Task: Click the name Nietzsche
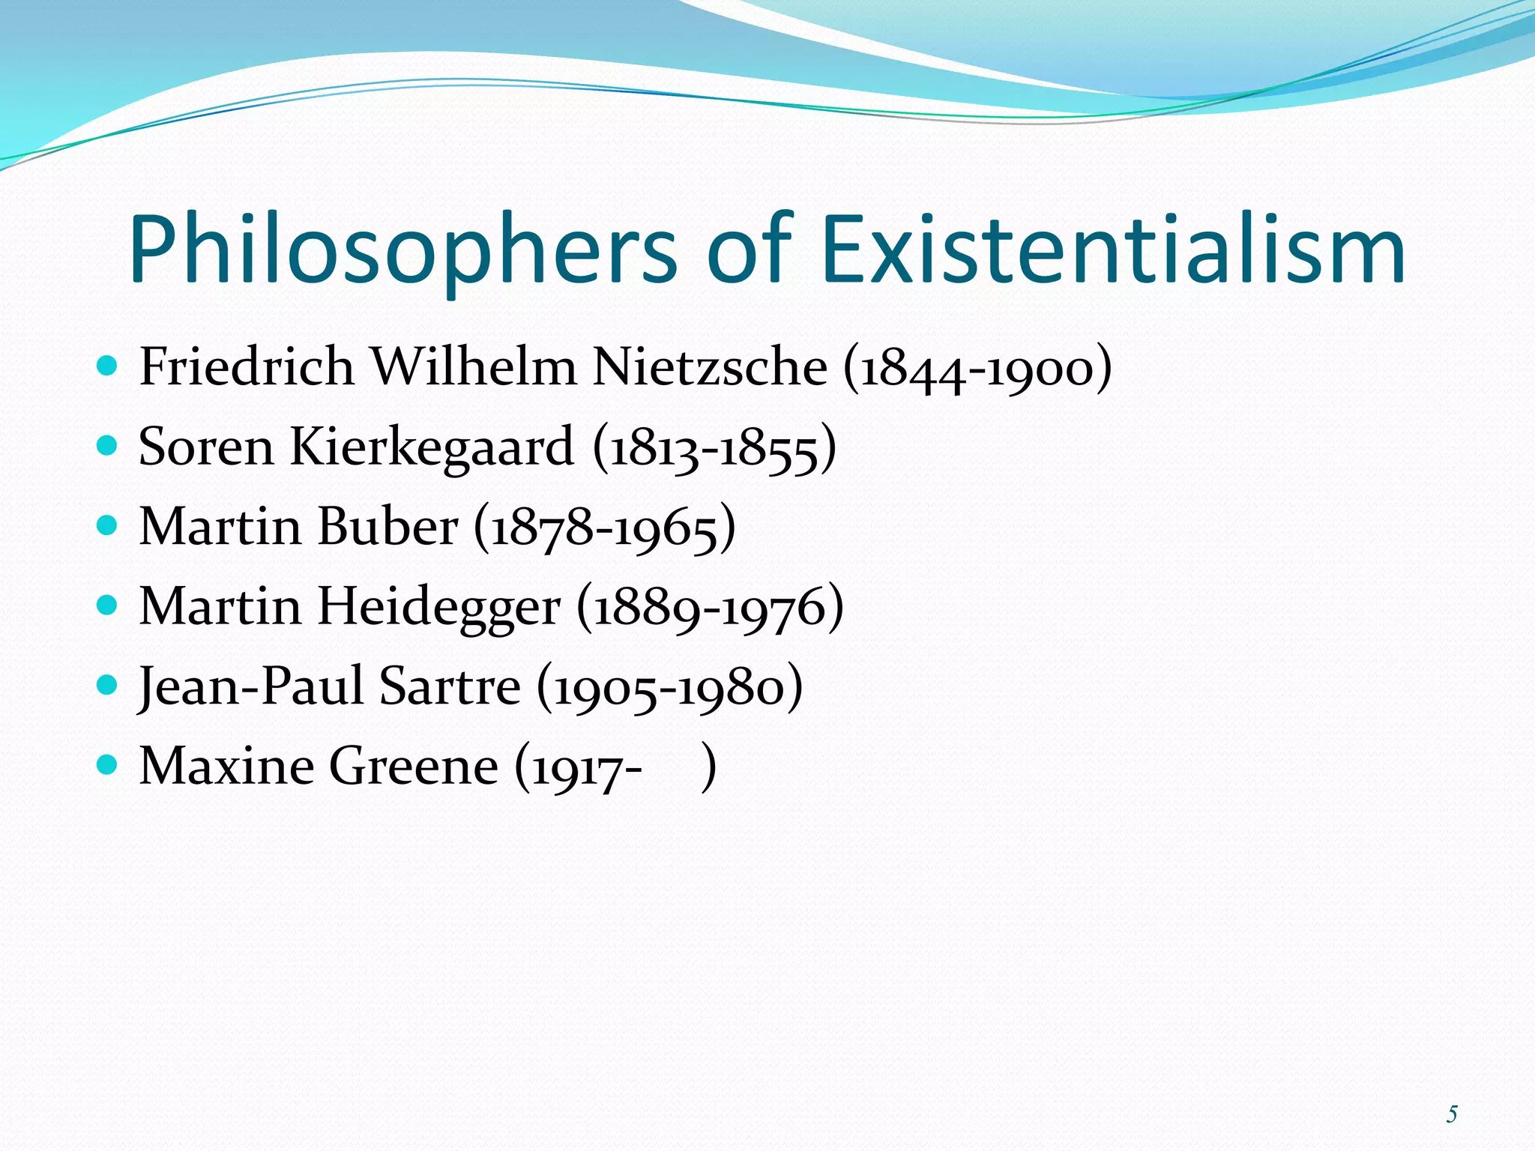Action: [710, 367]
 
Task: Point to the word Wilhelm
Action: [474, 367]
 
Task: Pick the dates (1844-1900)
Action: [977, 369]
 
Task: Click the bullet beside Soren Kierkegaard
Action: [108, 446]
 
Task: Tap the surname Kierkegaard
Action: [431, 447]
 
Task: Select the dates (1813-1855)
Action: [714, 449]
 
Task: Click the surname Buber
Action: [387, 527]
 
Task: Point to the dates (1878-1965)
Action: [605, 528]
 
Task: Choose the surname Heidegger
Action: [438, 607]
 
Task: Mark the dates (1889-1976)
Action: [710, 608]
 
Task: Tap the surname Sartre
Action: [449, 686]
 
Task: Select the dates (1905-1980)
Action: [669, 688]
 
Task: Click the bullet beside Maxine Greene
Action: [108, 765]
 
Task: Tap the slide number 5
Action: [1451, 1114]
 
